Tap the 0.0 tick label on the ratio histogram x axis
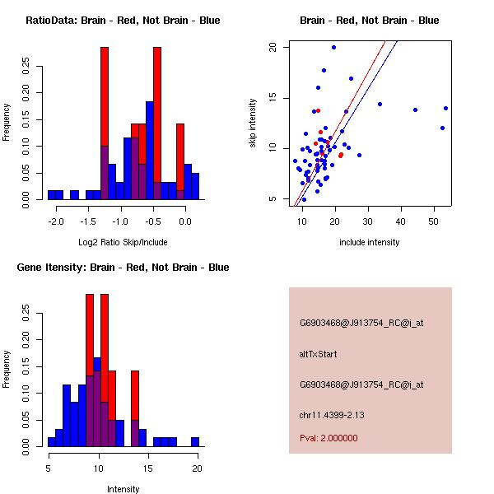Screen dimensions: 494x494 [185, 221]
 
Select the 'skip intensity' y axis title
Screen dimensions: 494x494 [254, 123]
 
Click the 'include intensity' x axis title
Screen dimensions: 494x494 [370, 242]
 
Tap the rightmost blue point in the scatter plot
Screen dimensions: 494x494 [445, 108]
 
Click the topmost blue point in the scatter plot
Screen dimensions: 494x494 [333, 47]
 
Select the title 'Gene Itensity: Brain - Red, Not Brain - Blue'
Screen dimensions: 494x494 [123, 268]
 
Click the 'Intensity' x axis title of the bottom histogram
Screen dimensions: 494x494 [123, 489]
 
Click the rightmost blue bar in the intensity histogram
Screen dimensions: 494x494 [195, 442]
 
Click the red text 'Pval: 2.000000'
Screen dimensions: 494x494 [329, 438]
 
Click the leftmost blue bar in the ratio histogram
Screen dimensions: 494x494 [54, 195]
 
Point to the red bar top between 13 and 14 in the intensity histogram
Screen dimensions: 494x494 [135, 373]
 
